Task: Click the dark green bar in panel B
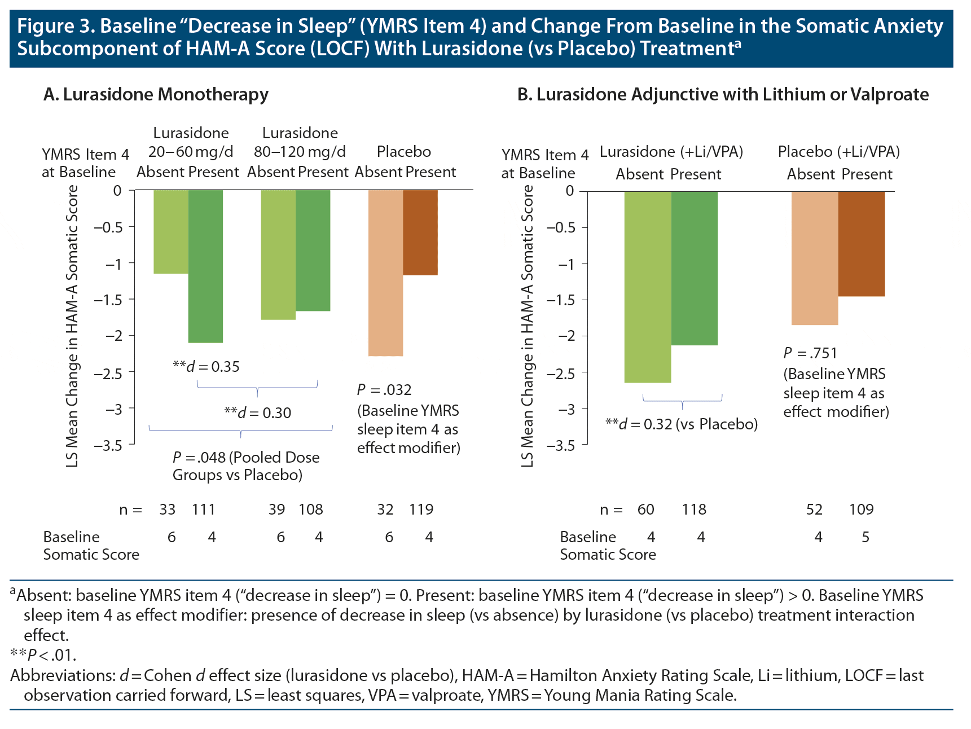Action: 694,268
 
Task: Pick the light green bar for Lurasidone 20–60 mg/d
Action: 171,232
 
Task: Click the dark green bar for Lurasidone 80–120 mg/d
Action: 313,251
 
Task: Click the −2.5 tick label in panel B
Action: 565,373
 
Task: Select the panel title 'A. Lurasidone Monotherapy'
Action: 156,94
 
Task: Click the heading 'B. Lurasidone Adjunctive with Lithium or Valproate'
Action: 723,94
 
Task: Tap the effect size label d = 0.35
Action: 206,367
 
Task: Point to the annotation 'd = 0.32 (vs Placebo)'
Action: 681,424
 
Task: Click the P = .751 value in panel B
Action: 810,353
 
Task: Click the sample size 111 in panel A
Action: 204,510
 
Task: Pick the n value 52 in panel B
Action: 814,510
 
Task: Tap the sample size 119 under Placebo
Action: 421,510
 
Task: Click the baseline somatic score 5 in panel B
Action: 865,537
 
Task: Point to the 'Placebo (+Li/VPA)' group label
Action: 838,152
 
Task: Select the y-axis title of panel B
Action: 527,326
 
